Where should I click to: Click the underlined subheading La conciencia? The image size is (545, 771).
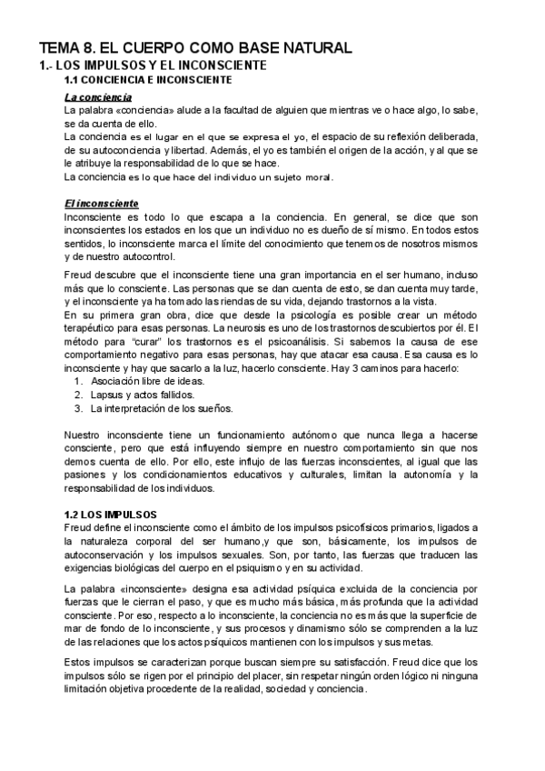click(98, 96)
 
